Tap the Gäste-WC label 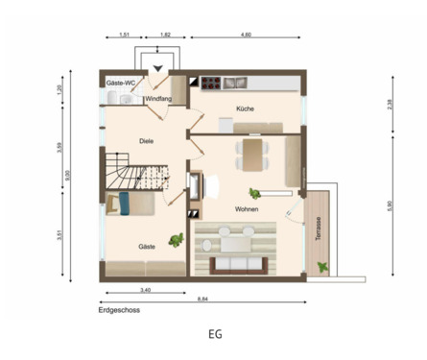(x=122, y=84)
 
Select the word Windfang (x=159, y=99)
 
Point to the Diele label (x=146, y=141)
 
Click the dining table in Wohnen (x=252, y=152)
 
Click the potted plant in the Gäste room (x=176, y=239)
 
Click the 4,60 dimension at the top (x=246, y=35)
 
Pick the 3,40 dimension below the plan (x=144, y=289)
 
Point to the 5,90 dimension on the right (x=391, y=204)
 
